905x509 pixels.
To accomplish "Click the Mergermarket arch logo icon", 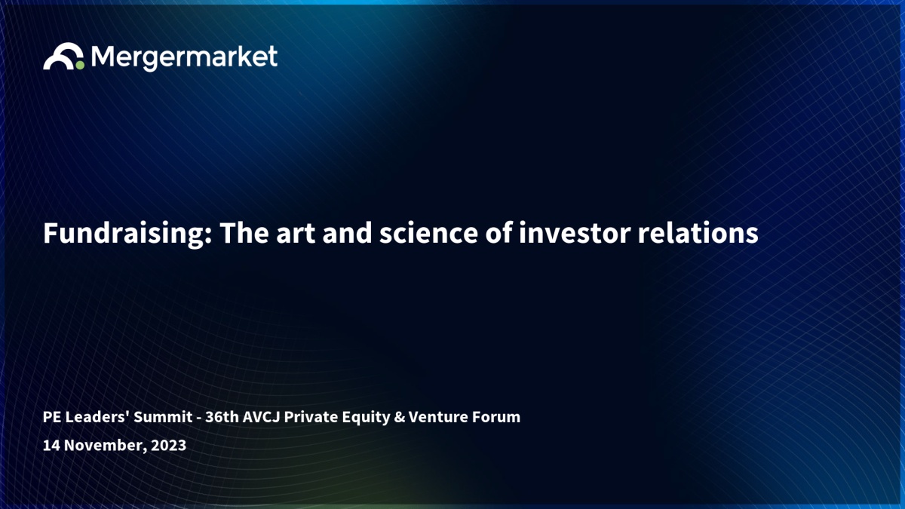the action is click(61, 52).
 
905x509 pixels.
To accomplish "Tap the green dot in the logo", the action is click(80, 65).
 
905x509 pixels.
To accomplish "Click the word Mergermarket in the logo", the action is click(184, 58).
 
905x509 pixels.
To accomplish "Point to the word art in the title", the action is click(296, 234).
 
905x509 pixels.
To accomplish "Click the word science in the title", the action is click(428, 234).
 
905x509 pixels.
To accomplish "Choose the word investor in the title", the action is click(575, 234).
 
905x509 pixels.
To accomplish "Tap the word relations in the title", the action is click(698, 233).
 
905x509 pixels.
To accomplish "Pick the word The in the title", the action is click(244, 233).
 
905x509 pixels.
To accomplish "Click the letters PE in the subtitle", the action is click(52, 417).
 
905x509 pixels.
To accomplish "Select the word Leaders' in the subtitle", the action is click(97, 416).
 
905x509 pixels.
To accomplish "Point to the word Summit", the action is click(163, 417).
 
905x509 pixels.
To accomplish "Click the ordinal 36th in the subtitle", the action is click(222, 416).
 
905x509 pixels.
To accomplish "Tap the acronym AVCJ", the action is click(262, 417).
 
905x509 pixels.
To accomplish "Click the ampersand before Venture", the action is click(399, 417).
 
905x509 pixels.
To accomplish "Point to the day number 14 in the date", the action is click(51, 446).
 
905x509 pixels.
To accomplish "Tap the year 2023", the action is click(168, 446).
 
